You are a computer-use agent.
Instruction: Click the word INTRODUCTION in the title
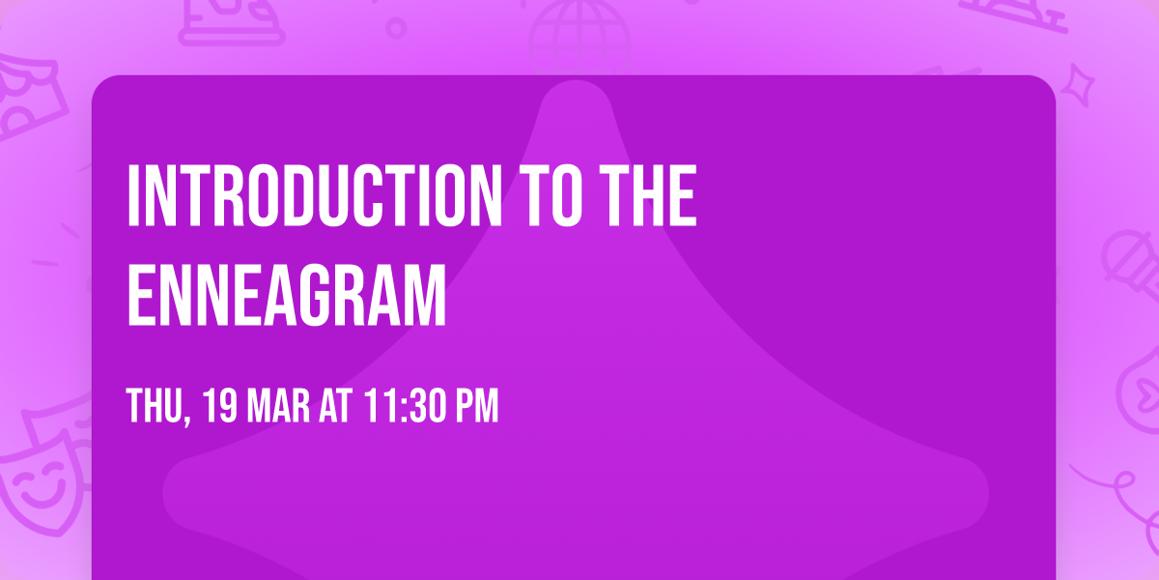pyautogui.click(x=315, y=195)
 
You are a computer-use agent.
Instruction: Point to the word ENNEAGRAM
pyautogui.click(x=286, y=295)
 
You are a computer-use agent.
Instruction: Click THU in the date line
pyautogui.click(x=154, y=406)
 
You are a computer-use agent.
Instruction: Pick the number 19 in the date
pyautogui.click(x=220, y=406)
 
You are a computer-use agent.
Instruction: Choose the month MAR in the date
pyautogui.click(x=278, y=406)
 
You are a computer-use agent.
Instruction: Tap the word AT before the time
pyautogui.click(x=335, y=406)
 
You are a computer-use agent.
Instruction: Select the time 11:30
pyautogui.click(x=404, y=406)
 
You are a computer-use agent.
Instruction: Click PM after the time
pyautogui.click(x=476, y=406)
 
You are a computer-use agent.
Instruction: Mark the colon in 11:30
pyautogui.click(x=404, y=409)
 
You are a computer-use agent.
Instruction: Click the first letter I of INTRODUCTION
pyautogui.click(x=133, y=195)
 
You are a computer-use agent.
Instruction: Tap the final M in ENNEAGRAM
pyautogui.click(x=426, y=295)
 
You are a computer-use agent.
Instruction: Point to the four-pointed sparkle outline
pyautogui.click(x=1078, y=85)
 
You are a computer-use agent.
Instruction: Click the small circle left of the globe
pyautogui.click(x=396, y=28)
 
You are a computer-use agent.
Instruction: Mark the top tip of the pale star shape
pyautogui.click(x=576, y=81)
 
